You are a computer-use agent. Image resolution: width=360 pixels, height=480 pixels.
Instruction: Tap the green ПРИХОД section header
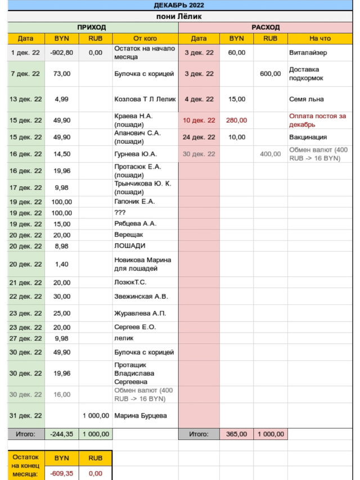point(91,27)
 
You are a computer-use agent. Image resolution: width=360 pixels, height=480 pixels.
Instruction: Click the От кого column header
point(145,38)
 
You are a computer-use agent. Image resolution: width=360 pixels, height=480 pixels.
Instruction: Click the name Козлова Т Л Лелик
point(145,99)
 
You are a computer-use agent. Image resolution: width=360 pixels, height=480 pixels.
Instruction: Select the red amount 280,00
point(237,120)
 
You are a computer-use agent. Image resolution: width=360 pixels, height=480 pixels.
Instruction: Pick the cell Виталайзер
point(308,52)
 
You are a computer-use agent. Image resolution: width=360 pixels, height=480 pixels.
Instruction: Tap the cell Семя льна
point(307,99)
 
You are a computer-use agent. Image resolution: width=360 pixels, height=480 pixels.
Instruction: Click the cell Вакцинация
point(308,137)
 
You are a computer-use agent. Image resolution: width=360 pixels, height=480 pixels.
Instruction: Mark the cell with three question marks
point(120,213)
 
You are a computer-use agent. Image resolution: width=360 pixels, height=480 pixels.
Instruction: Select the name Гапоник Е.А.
point(134,201)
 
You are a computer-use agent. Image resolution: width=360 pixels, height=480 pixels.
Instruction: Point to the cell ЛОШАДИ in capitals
point(130,246)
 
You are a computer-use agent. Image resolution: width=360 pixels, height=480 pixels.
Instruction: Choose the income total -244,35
point(62,434)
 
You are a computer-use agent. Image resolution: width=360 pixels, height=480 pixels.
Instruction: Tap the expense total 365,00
point(237,434)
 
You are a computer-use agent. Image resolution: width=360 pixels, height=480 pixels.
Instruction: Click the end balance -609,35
point(62,474)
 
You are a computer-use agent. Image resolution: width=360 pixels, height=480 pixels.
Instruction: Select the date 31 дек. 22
point(26,416)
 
